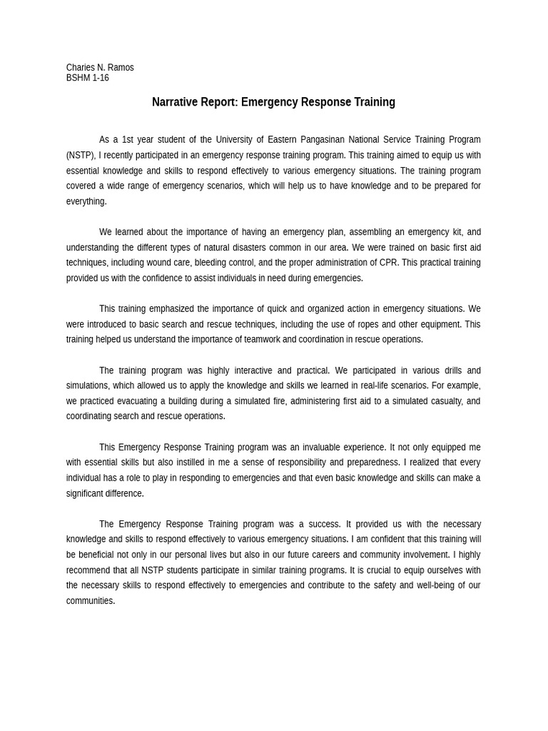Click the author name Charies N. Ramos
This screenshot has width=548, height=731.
(x=100, y=68)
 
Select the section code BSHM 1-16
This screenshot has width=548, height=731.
(x=88, y=78)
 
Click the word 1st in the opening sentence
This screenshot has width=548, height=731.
(x=130, y=140)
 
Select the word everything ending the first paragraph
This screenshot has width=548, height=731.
(x=86, y=201)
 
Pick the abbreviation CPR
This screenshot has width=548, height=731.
(x=387, y=263)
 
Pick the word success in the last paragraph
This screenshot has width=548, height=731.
(x=321, y=524)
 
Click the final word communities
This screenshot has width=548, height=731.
(x=90, y=601)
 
